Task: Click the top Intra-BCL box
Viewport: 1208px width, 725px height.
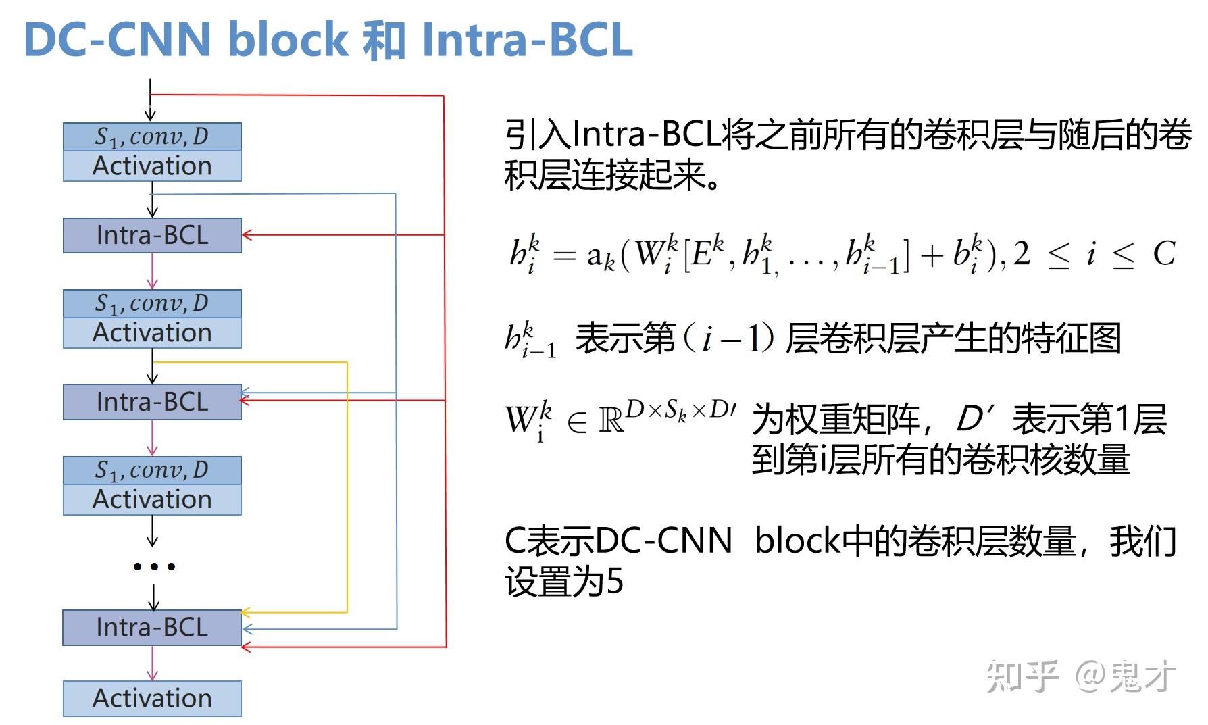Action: pos(152,235)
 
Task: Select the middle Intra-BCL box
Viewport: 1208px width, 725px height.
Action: pos(152,402)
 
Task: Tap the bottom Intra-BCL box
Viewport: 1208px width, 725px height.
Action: pos(152,628)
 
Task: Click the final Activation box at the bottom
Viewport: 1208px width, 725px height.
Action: pos(152,699)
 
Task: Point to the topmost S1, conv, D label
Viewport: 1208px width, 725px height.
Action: pos(152,136)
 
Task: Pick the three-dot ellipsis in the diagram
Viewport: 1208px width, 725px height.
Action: pos(154,566)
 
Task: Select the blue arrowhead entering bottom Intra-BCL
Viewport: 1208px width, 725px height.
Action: pos(247,629)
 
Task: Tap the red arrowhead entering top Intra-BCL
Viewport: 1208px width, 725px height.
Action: pos(247,235)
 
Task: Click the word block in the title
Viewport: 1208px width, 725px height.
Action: pos(287,39)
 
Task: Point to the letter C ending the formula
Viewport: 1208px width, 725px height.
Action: pos(1164,254)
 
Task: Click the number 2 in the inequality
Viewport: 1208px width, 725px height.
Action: pos(1021,254)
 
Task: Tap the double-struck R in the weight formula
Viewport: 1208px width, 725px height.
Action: pos(611,420)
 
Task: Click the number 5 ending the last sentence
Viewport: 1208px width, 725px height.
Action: pos(614,582)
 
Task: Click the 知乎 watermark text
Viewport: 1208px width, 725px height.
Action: pos(1022,676)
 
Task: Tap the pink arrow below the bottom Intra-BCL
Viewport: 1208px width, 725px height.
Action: pos(152,664)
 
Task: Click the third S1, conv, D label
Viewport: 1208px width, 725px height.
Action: pos(152,470)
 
